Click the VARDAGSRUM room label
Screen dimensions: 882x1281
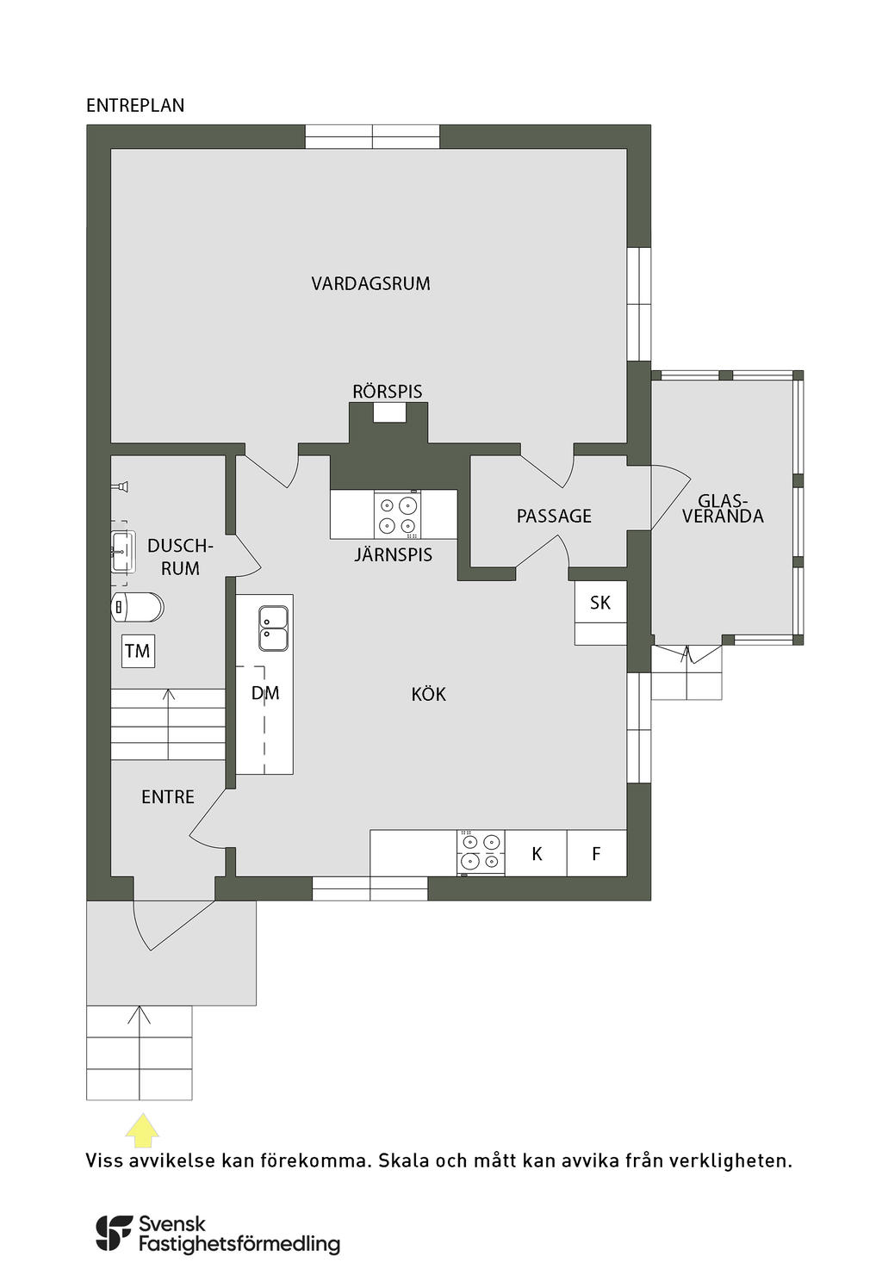coord(370,283)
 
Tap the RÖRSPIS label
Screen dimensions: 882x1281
coord(388,392)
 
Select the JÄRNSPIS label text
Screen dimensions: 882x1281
coord(393,554)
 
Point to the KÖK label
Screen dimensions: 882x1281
coord(428,694)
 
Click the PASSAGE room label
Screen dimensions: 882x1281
coord(554,517)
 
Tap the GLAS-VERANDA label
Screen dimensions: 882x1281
coord(723,509)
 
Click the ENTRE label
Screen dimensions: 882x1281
coord(168,797)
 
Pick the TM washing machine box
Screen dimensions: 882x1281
coord(138,651)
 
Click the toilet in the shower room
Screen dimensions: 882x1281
coord(137,607)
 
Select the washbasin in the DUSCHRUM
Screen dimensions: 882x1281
coord(123,552)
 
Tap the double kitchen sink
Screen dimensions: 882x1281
coord(273,628)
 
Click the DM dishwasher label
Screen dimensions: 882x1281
coord(265,693)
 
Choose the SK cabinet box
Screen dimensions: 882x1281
coord(600,603)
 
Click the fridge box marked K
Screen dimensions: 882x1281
coord(537,854)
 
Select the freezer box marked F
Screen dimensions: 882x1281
coord(597,854)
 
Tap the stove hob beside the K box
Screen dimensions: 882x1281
coord(481,851)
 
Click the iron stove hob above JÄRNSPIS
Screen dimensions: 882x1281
coord(398,514)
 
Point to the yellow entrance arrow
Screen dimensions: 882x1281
coord(142,1130)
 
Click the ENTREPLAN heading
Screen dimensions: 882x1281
coord(135,106)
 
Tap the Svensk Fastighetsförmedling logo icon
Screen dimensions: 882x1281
coord(113,1233)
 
